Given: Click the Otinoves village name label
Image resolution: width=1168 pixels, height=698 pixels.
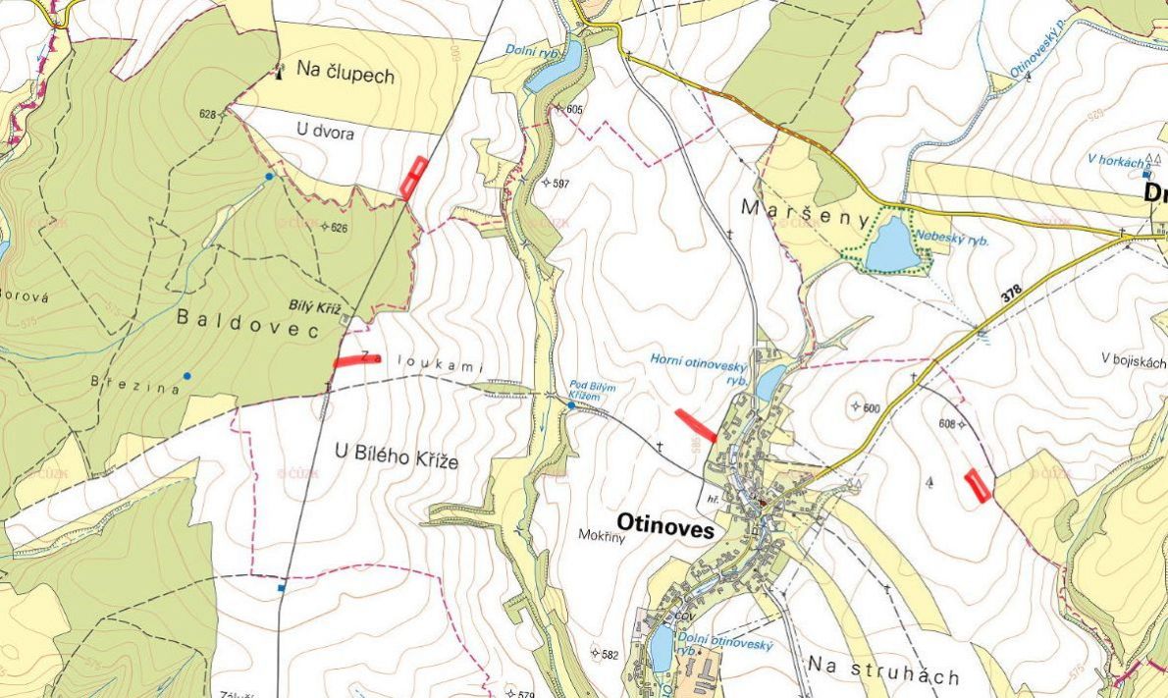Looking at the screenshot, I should point(664,522).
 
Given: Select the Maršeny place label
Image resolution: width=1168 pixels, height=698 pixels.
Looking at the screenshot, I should point(791,208).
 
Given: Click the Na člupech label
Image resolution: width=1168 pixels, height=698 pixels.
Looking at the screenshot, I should point(345,75).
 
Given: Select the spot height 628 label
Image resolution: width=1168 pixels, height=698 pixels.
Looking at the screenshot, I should point(207,114).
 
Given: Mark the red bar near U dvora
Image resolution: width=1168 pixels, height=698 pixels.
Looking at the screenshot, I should point(414,177).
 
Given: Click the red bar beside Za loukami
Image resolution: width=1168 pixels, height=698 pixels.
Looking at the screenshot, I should point(355,361).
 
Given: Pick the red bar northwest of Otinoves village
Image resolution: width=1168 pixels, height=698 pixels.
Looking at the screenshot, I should point(696,425).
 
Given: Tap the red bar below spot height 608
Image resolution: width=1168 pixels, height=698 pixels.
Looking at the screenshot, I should point(978,485).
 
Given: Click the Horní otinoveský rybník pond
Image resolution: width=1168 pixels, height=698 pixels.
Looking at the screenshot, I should point(770,381).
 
